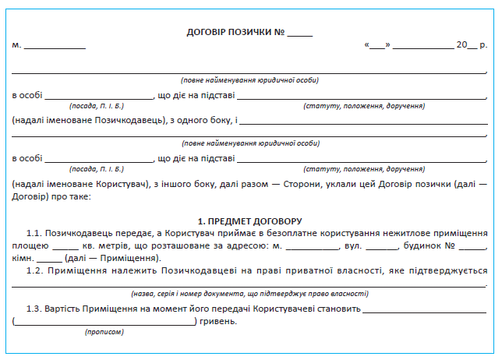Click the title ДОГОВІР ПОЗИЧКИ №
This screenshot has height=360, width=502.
235,33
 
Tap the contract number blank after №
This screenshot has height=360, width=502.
299,35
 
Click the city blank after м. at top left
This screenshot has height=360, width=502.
55,48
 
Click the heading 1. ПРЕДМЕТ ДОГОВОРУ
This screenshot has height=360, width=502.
250,222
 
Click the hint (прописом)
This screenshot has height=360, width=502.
104,332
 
